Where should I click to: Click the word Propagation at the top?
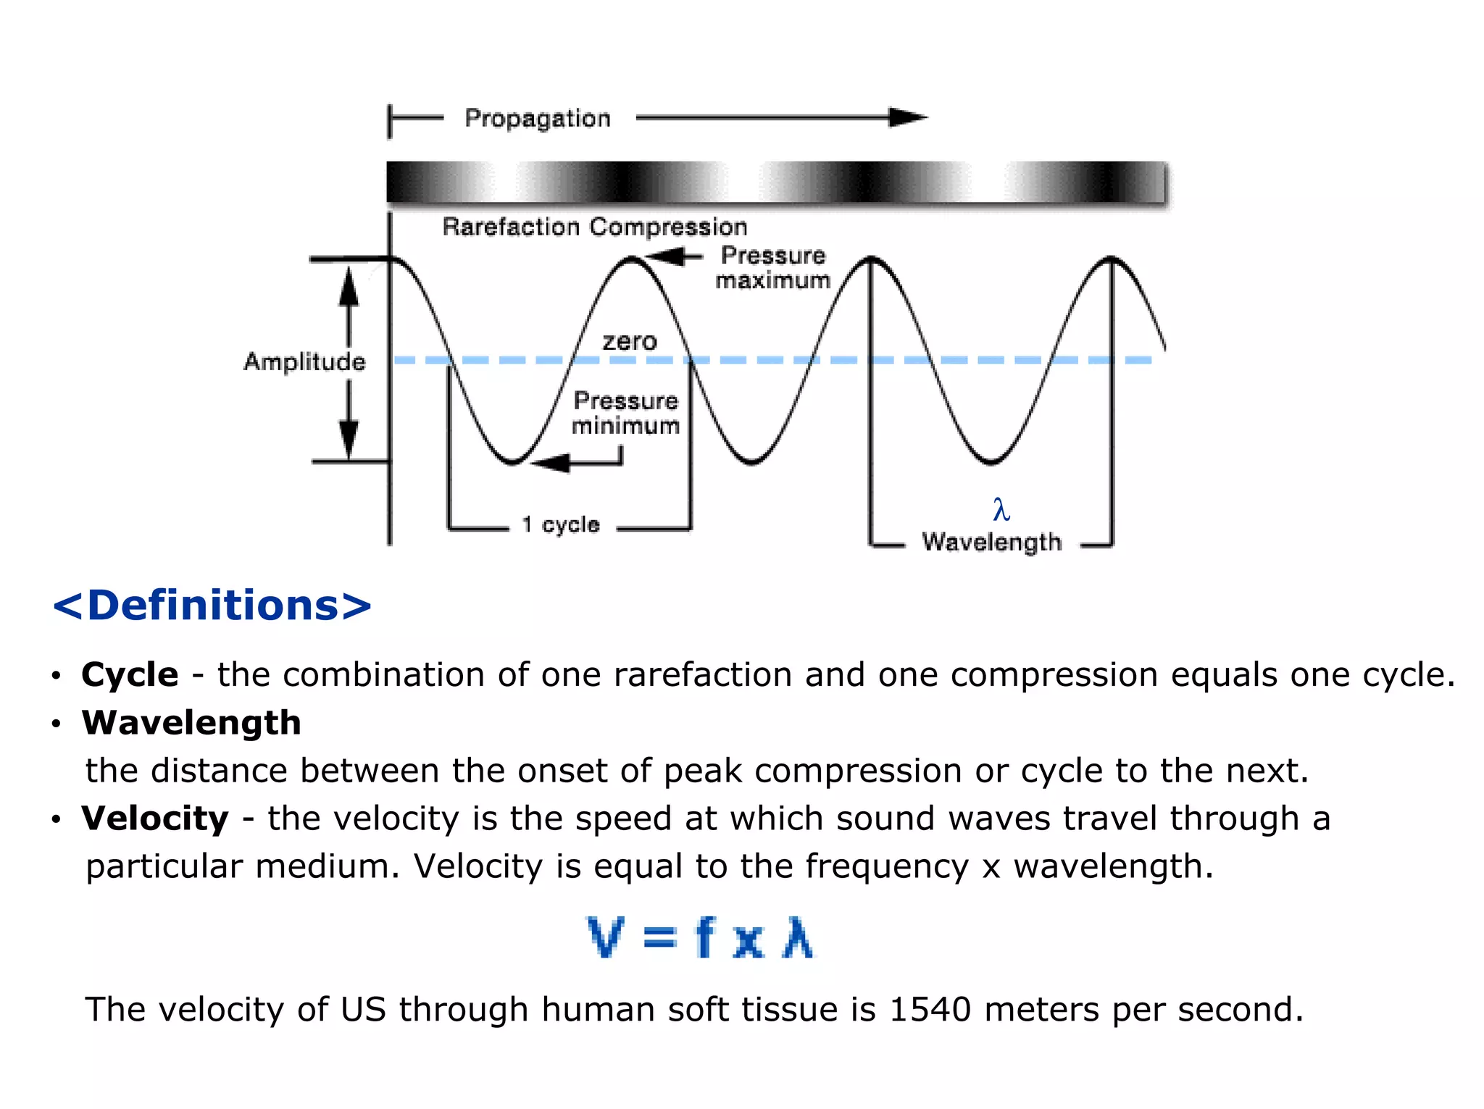(538, 118)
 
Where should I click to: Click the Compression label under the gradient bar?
(667, 227)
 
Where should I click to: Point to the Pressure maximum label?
(772, 267)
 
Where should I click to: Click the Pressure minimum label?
(625, 413)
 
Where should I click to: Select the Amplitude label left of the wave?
(304, 361)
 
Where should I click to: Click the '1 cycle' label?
(561, 524)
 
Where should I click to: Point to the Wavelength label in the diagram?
(991, 541)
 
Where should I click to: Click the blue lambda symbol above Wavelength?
(1001, 509)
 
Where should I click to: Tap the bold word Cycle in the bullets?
(130, 674)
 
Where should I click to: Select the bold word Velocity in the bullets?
(155, 818)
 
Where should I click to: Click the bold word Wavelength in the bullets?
(191, 722)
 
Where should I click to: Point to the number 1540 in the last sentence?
(929, 1009)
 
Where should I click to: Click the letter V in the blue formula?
(604, 937)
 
